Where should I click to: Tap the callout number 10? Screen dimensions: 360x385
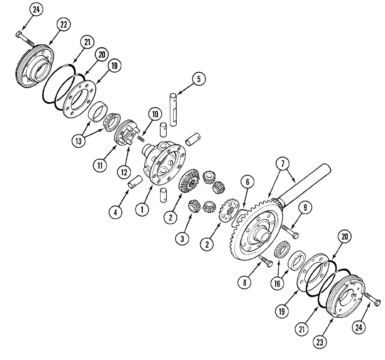154,114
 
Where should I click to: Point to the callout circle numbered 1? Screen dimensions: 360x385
142,210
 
